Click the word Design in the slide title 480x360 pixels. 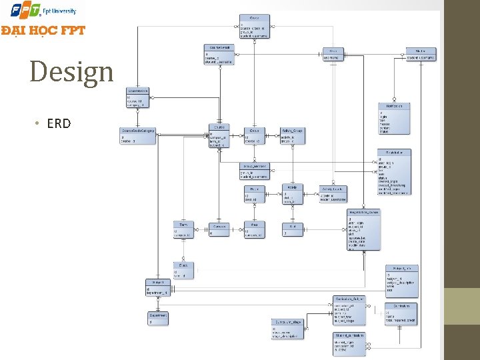[72, 72]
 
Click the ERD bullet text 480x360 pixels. [59, 123]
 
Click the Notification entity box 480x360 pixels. [393, 118]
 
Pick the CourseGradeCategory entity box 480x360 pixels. [138, 135]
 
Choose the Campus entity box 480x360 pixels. [219, 229]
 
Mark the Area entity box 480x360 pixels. [254, 229]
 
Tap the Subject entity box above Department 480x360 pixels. [159, 287]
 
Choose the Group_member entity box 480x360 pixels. [255, 171]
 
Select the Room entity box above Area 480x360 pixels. [254, 194]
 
